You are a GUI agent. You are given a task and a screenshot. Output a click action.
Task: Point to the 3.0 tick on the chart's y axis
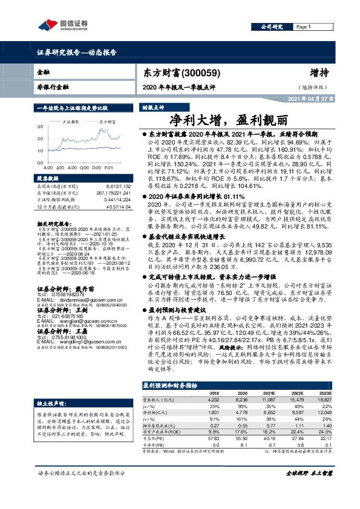click(39, 128)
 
